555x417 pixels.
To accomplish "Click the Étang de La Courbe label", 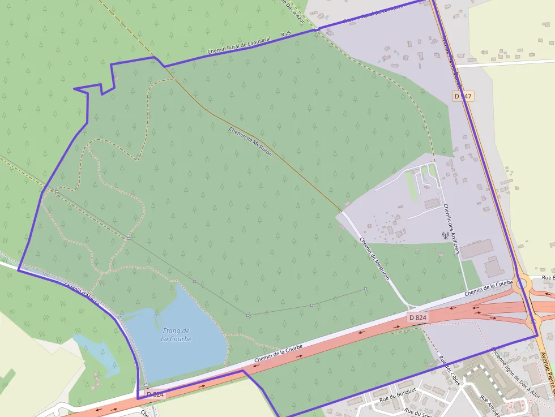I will (176, 334).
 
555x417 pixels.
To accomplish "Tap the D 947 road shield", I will (463, 96).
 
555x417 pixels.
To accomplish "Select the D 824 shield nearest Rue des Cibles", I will (417, 318).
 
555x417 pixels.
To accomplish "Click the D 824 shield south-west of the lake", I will (155, 394).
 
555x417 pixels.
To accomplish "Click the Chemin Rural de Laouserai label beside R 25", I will (240, 43).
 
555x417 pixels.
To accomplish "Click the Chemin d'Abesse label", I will (82, 294).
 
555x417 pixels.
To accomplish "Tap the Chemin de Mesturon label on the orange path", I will (250, 141).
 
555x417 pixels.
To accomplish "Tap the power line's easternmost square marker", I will (366, 290).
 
